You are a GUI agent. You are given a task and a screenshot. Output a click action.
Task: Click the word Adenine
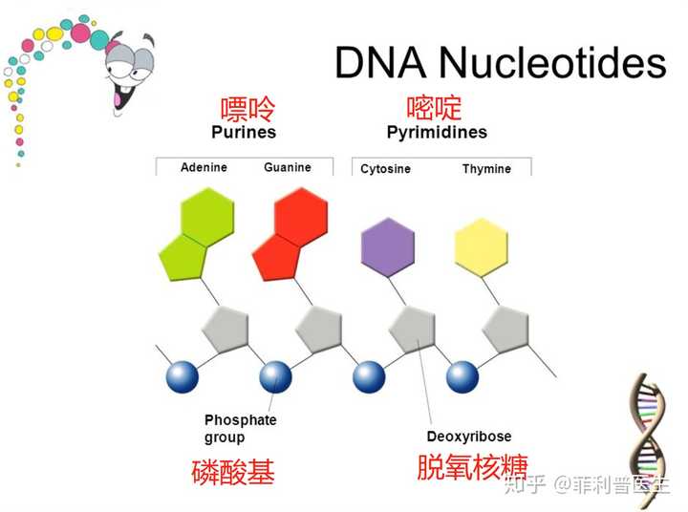click(x=204, y=167)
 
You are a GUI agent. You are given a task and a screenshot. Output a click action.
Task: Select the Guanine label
click(x=288, y=167)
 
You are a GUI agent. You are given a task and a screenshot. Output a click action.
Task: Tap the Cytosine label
click(x=385, y=169)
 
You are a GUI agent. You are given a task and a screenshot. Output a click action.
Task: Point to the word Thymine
click(x=486, y=169)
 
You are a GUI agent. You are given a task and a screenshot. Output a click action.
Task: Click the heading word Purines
click(x=244, y=132)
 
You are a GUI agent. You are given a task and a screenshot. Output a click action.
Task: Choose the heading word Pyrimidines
click(x=437, y=133)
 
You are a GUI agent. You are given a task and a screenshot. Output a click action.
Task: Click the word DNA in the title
click(x=380, y=63)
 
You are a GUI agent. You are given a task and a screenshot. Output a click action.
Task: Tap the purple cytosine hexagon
click(x=388, y=247)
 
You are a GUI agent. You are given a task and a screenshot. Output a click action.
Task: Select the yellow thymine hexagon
click(x=482, y=247)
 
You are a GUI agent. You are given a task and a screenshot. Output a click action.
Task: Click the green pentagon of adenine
click(x=183, y=258)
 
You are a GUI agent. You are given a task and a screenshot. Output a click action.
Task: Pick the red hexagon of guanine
click(x=301, y=216)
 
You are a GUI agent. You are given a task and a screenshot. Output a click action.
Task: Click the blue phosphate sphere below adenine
click(x=183, y=377)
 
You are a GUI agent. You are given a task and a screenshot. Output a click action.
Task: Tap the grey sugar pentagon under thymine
click(x=506, y=330)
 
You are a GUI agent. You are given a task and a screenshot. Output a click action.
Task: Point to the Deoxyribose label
click(x=469, y=437)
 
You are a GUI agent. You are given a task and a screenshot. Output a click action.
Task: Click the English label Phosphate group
click(x=241, y=429)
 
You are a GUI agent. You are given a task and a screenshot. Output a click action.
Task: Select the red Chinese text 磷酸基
click(x=233, y=472)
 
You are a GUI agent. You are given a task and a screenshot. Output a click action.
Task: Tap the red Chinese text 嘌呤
click(x=247, y=109)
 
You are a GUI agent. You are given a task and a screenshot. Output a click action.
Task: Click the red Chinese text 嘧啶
click(x=434, y=108)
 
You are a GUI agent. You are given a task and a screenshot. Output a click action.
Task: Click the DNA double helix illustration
click(x=649, y=438)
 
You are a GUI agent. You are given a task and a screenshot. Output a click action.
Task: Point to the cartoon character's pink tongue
click(x=118, y=100)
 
